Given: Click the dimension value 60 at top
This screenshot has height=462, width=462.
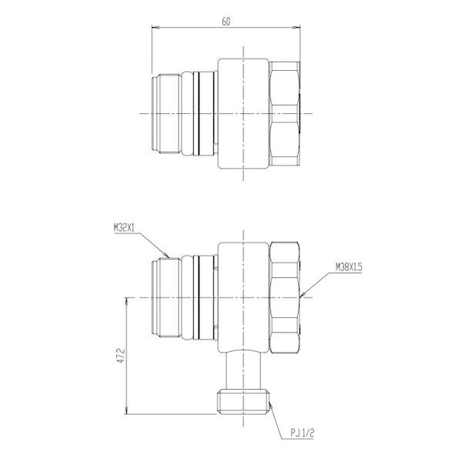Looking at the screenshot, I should pyautogui.click(x=226, y=22).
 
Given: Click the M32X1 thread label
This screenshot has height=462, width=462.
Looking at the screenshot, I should pyautogui.click(x=125, y=227).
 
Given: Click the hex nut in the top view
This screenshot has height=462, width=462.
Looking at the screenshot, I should pyautogui.click(x=286, y=113).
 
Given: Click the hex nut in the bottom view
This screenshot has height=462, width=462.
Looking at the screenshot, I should pyautogui.click(x=286, y=297).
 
